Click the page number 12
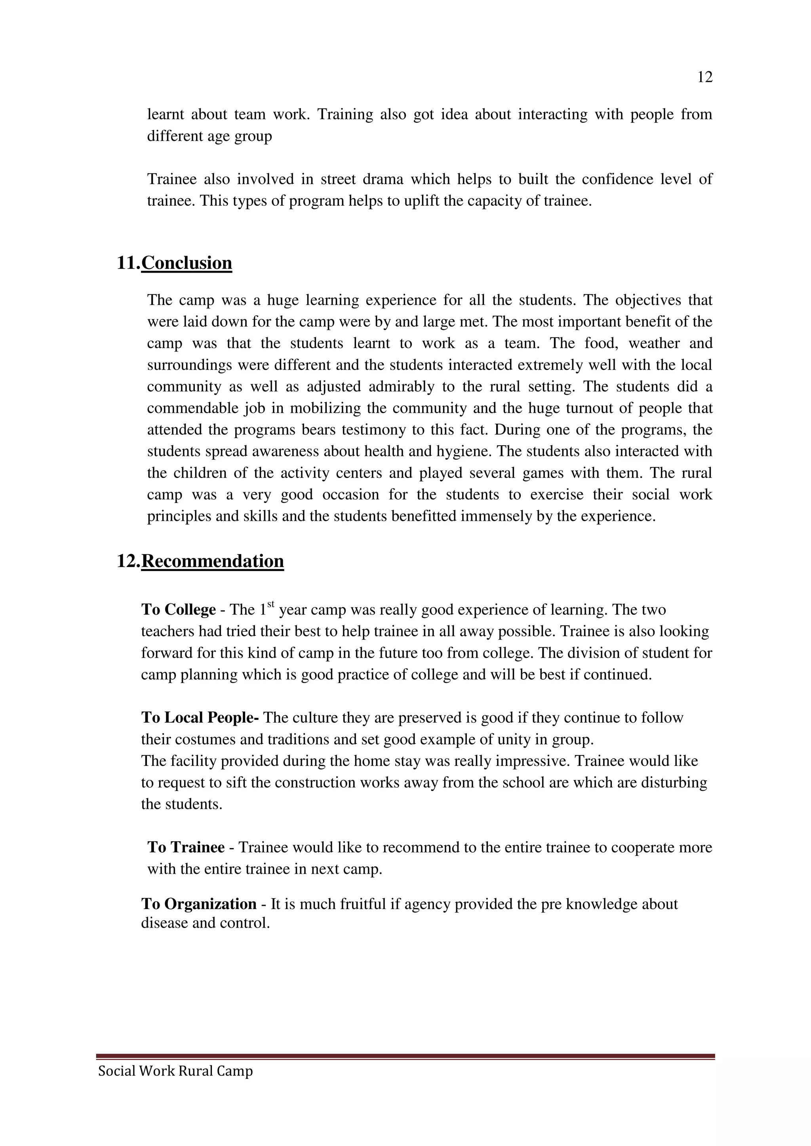tap(704, 78)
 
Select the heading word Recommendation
tap(212, 561)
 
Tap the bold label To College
tap(178, 610)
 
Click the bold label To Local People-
tap(200, 718)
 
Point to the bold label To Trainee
tap(186, 848)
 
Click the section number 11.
tap(128, 263)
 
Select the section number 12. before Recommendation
tap(128, 561)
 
